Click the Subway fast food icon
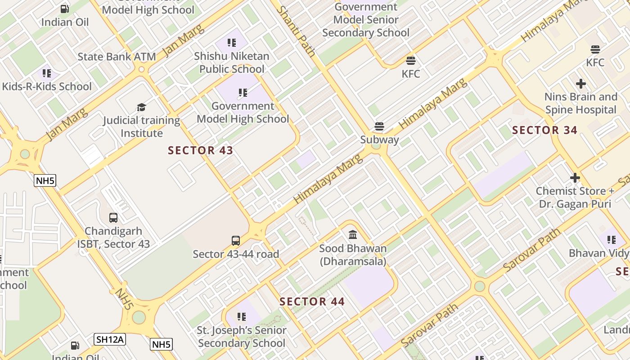[379, 126]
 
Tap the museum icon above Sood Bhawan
[353, 235]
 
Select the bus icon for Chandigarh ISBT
[113, 218]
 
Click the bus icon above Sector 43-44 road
[236, 241]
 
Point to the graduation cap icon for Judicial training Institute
[141, 107]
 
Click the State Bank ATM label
[117, 57]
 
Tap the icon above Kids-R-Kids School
[47, 73]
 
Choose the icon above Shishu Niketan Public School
[232, 43]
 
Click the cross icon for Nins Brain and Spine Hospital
[580, 84]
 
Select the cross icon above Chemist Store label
[575, 178]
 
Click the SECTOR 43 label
[201, 150]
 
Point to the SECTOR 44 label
[312, 301]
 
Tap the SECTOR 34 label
[544, 130]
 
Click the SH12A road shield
[110, 339]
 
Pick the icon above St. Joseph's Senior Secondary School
[242, 317]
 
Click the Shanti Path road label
[296, 31]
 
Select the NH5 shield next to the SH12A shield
[161, 345]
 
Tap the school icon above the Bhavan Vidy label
[612, 240]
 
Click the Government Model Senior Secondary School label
[366, 20]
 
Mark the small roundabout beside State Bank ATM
[142, 69]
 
